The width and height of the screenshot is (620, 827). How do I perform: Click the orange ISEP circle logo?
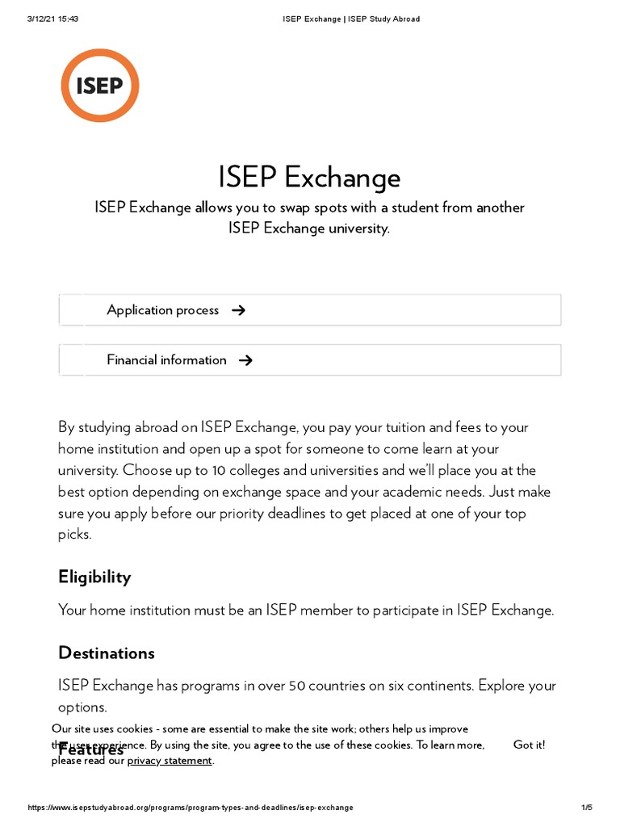(100, 86)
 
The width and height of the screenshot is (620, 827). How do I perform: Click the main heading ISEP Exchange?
(309, 178)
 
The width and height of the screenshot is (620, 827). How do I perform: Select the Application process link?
(162, 310)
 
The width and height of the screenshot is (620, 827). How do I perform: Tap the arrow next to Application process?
(238, 310)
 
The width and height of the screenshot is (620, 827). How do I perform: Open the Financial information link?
(166, 360)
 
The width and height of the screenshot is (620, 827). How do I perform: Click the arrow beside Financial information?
(246, 360)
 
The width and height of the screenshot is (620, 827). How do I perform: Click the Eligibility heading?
(94, 577)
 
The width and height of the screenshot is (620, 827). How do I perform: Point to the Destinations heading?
(106, 653)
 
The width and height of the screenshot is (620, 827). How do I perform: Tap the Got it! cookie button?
(529, 745)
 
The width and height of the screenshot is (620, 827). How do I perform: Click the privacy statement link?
(170, 760)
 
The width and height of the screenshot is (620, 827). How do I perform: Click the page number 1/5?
(586, 808)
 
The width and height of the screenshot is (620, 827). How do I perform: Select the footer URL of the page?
(191, 808)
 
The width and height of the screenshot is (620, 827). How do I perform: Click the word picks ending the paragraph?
(74, 535)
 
